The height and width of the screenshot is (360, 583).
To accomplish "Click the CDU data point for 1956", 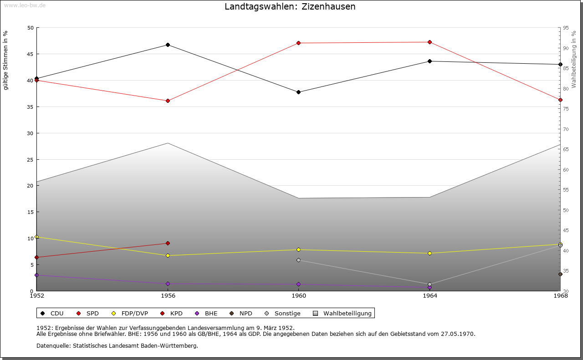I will point(168,45).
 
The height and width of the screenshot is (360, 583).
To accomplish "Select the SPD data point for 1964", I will point(430,42).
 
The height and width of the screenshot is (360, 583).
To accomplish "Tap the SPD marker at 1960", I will point(298,43).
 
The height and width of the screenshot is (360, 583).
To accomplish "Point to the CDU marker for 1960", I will point(298,92).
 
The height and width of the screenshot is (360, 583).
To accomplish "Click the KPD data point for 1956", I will point(168,243).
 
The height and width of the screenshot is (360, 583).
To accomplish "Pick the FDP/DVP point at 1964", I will point(430,253).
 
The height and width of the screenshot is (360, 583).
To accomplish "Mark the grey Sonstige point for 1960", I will point(298,260).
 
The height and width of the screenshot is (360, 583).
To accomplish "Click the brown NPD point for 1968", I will point(560,274).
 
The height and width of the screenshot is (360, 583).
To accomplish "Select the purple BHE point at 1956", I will point(168,284).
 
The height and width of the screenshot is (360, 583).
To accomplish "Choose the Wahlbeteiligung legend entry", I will point(343,313).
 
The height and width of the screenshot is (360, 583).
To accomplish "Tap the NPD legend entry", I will point(241,313).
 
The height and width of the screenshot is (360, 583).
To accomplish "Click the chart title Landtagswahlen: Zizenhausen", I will point(290,7).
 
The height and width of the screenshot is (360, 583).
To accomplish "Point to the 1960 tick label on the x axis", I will point(298,296).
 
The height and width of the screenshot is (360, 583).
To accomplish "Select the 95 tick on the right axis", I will point(565,28).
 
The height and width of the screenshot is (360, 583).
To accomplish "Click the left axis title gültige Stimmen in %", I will point(6,60).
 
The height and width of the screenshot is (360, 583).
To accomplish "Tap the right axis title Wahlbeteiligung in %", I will point(574,60).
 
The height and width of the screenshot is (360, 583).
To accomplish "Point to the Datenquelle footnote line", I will point(117,345).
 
